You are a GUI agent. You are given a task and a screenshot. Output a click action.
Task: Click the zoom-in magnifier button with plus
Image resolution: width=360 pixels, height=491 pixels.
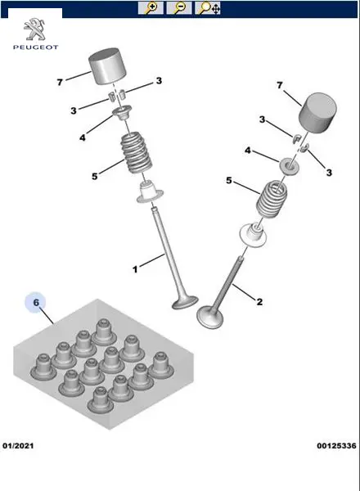coord(151,8)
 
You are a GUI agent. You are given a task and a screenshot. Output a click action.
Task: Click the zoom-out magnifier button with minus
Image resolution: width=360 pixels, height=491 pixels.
coord(178,8)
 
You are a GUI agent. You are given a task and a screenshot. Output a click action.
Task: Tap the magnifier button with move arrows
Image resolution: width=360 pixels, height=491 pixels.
coord(208,8)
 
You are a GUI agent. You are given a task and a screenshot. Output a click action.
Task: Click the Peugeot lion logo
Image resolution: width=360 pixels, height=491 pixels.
coord(35,29)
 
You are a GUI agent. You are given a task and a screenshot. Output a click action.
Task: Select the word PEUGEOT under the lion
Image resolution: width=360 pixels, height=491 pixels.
coord(35,47)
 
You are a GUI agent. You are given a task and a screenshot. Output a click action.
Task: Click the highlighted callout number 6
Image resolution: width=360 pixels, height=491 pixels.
coord(36,303)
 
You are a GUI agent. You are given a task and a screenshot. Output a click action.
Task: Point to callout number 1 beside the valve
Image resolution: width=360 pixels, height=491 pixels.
coord(135,269)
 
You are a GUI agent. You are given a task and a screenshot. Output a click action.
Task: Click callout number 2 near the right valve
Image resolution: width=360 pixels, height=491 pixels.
coord(259,302)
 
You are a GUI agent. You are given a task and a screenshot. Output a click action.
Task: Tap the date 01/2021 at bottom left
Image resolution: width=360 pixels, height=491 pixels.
coord(18,445)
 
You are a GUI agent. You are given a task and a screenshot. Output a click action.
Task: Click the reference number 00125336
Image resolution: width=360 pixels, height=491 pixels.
coord(336,445)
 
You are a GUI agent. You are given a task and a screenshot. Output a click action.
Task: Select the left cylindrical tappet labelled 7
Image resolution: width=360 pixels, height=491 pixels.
coord(108,66)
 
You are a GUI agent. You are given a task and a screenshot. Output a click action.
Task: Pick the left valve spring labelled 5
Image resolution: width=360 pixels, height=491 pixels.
coord(137,153)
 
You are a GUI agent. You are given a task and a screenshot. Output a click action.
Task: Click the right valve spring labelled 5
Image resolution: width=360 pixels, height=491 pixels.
coord(272,199)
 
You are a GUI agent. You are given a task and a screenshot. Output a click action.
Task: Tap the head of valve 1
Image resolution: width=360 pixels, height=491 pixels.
coord(185,303)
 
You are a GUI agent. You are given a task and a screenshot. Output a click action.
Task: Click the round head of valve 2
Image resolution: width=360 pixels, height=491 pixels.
coord(210,318)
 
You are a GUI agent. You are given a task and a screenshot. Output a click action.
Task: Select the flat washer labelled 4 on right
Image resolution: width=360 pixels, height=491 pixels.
coord(288,166)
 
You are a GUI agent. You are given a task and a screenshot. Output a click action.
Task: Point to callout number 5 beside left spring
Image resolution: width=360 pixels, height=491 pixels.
coord(95,176)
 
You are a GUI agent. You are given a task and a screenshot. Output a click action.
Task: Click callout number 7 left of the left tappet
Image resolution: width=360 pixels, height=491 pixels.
coord(60,83)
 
